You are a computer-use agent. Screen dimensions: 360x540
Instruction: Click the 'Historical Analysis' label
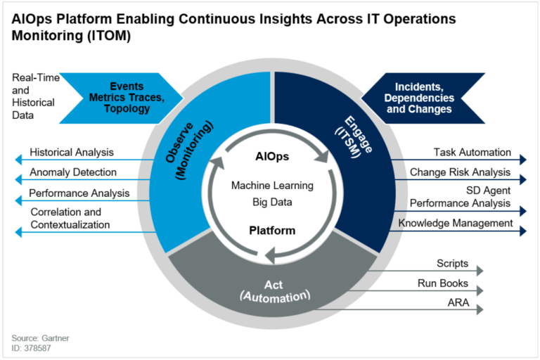click(x=72, y=152)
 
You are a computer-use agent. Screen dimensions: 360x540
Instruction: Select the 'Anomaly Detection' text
click(x=73, y=172)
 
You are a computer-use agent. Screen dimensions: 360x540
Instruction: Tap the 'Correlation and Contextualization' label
click(x=70, y=218)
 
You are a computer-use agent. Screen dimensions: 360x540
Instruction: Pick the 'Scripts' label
click(x=452, y=264)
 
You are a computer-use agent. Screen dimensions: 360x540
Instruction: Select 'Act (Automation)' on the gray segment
click(x=276, y=290)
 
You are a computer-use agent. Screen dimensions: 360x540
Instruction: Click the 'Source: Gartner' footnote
click(x=40, y=338)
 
